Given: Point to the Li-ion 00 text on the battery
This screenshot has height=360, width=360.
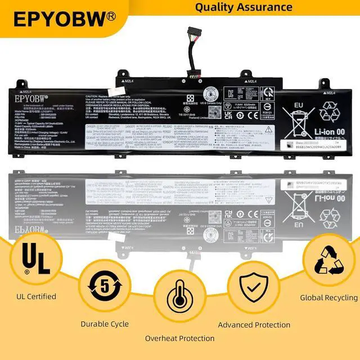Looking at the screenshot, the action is click(x=318, y=129).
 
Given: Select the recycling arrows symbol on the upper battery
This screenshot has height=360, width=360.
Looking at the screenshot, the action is click(x=329, y=110).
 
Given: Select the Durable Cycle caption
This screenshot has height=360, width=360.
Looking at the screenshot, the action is click(x=105, y=323).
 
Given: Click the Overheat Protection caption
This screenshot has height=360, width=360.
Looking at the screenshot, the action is click(x=180, y=338).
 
